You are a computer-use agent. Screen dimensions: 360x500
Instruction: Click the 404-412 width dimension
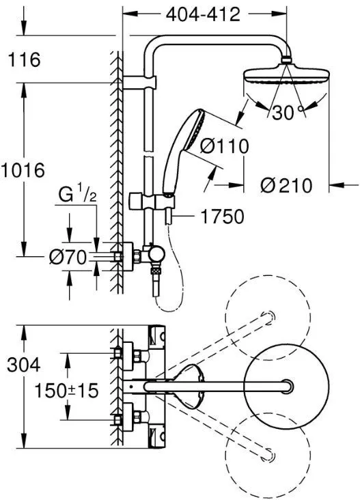pyautogui.click(x=203, y=14)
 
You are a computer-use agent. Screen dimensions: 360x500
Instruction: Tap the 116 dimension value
pyautogui.click(x=24, y=59)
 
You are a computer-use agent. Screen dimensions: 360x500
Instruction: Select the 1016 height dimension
pyautogui.click(x=23, y=170)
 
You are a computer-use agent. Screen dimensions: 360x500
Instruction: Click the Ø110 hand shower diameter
pyautogui.click(x=225, y=146)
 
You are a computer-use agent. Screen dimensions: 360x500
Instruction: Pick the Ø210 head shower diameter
pyautogui.click(x=286, y=185)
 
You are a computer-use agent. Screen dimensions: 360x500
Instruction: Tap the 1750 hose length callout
pyautogui.click(x=222, y=217)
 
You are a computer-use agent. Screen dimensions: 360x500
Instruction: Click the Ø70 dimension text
pyautogui.click(x=68, y=257)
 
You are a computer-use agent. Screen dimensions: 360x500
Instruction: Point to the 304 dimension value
pyautogui.click(x=24, y=365)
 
